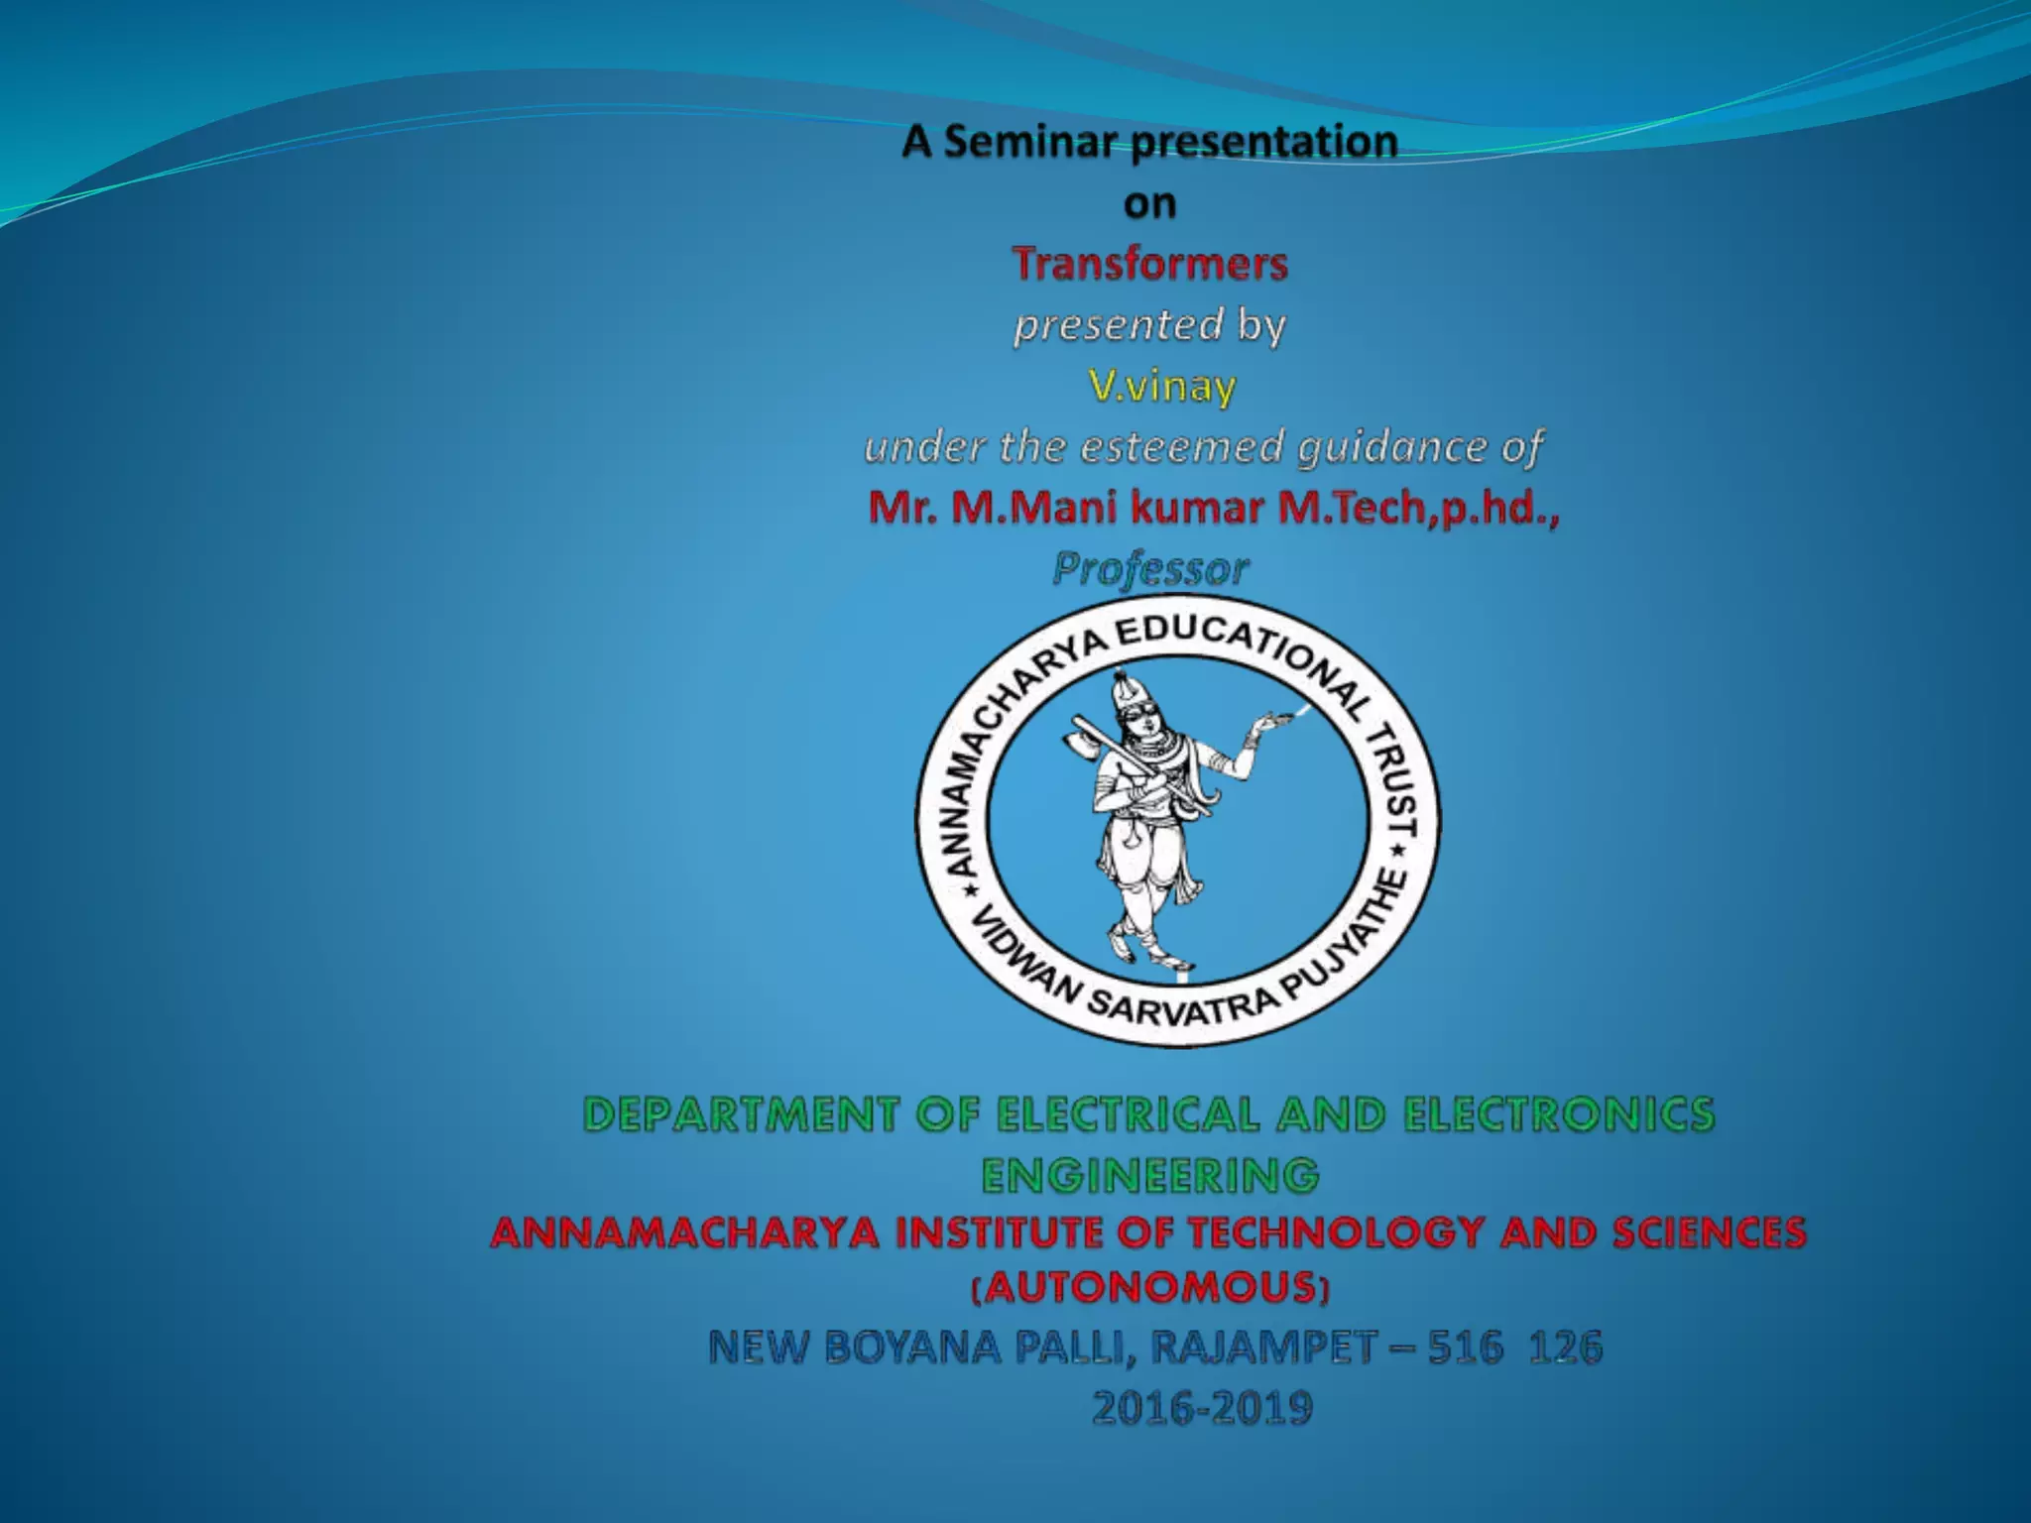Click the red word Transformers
1149,265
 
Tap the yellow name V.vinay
1161,386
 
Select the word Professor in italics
1150,569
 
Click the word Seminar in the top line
1029,142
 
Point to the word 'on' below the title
1149,204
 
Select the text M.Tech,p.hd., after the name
1418,508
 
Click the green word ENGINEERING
1150,1176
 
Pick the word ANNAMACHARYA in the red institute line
685,1233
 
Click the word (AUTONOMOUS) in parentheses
1150,1288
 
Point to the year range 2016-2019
1202,1408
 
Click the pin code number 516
1465,1347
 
